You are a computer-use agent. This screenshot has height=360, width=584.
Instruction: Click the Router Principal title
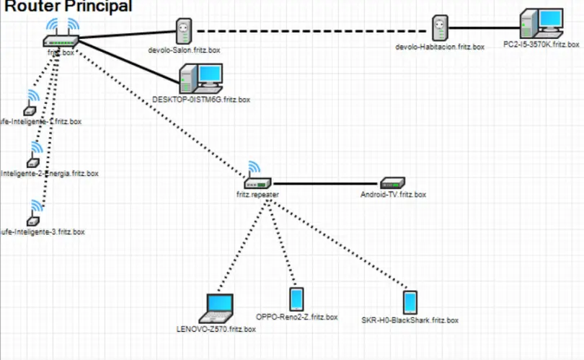pos(69,6)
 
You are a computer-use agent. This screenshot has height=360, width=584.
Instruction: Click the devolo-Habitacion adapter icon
pos(440,30)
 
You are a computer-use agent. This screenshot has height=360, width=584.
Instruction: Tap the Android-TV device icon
pos(394,183)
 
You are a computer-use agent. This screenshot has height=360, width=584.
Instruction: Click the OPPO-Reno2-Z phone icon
pos(296,299)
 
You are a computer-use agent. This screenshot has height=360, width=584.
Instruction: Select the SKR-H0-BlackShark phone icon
pos(410,301)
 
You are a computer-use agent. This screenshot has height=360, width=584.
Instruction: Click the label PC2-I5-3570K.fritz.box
pos(541,44)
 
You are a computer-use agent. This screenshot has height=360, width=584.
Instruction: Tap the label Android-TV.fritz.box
pos(393,195)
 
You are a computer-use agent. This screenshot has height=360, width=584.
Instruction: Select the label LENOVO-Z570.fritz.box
pos(216,330)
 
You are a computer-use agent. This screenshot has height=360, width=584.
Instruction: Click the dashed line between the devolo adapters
pos(310,31)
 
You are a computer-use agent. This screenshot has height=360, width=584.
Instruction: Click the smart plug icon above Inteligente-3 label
pos(30,219)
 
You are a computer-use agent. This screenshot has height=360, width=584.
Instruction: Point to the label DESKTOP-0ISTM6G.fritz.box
pos(201,100)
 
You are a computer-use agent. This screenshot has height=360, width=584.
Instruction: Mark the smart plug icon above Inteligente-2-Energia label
pos(31,162)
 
